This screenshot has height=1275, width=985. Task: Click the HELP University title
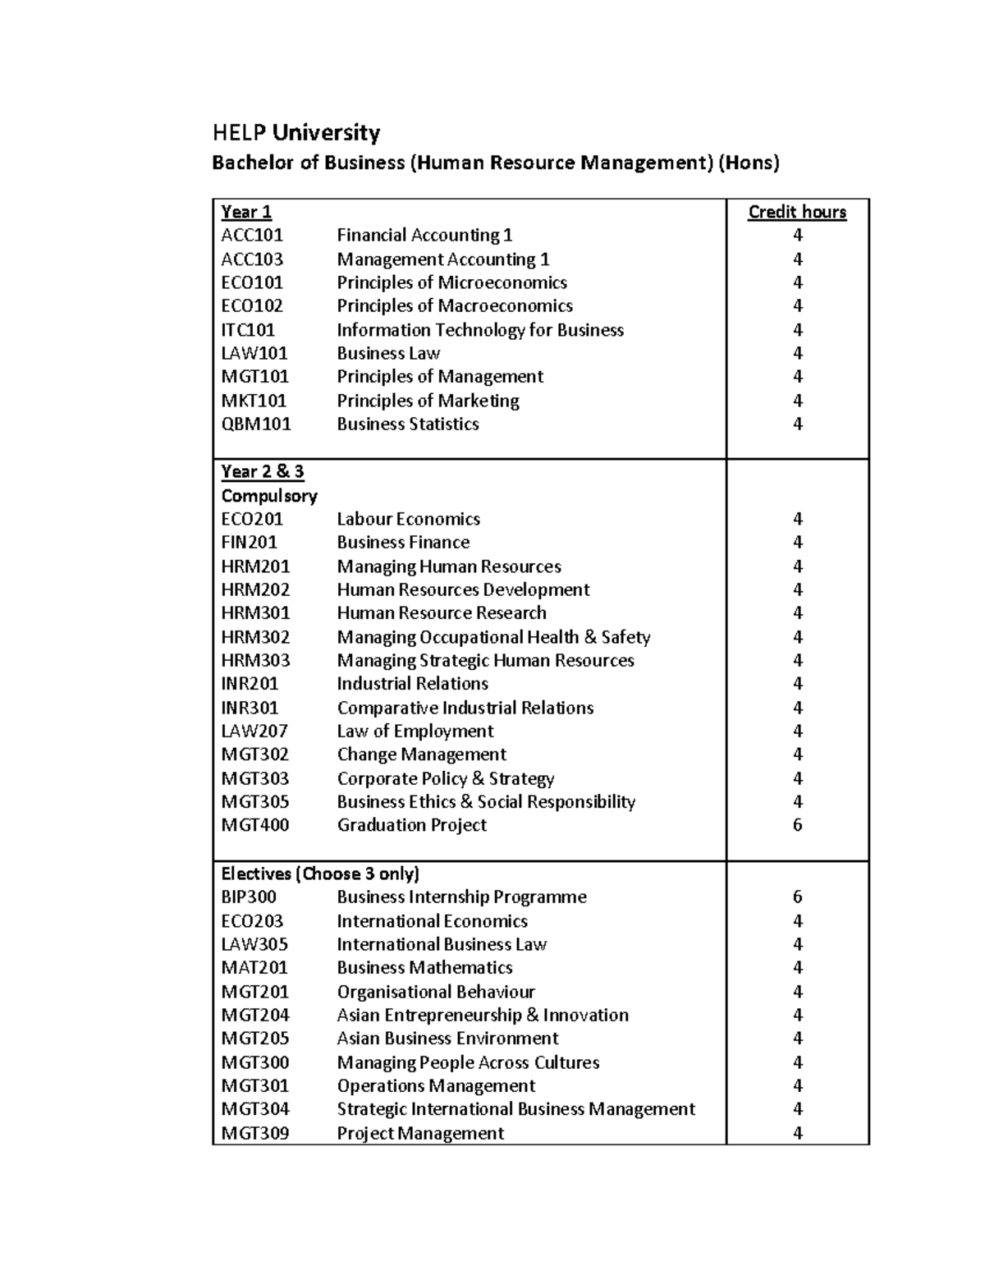[x=296, y=133]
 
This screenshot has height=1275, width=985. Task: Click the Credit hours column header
[x=797, y=212]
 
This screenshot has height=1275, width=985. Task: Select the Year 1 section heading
[x=246, y=212]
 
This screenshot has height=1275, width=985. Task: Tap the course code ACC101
[x=252, y=236]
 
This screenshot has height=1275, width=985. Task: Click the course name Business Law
[x=388, y=353]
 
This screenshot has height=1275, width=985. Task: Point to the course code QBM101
[x=256, y=424]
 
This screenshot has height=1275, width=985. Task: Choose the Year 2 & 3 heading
[x=263, y=471]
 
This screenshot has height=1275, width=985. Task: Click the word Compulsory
[x=269, y=496]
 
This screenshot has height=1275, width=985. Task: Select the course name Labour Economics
[x=408, y=519]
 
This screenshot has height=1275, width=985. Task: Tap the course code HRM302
[x=255, y=637]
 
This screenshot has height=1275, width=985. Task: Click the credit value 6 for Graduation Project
[x=797, y=825]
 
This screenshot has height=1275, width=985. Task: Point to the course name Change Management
[x=421, y=754]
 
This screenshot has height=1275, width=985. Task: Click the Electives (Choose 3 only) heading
[x=320, y=874]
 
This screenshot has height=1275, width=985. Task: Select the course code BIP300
[x=249, y=897]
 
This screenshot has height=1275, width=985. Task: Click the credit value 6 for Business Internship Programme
[x=797, y=897]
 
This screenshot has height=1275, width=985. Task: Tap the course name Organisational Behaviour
[x=436, y=992]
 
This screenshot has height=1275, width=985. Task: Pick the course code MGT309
[x=255, y=1133]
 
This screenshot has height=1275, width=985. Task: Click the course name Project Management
[x=420, y=1133]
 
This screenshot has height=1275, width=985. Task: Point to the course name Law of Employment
[x=415, y=731]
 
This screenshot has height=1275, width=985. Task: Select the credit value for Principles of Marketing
[x=797, y=401]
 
